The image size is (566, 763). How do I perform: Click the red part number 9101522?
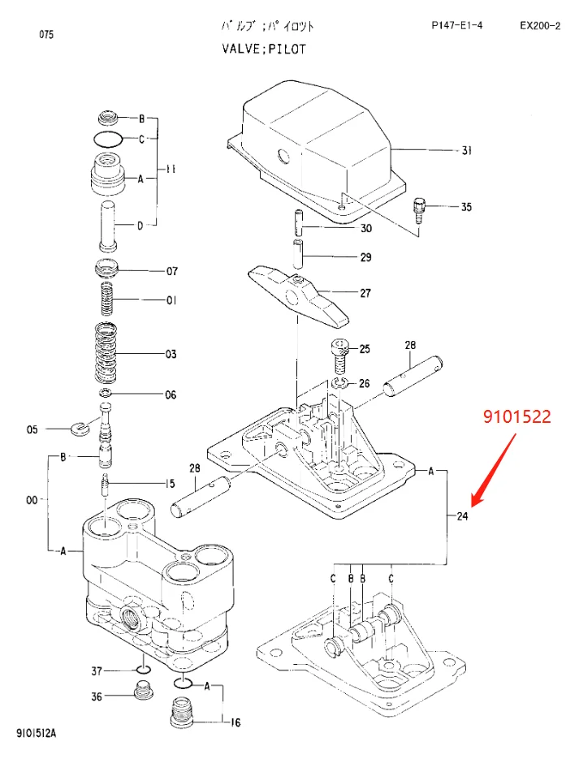(517, 417)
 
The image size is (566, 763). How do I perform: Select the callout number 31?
(466, 151)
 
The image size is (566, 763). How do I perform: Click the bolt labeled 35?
(420, 209)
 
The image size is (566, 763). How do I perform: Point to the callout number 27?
(365, 293)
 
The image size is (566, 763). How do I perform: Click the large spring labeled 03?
(106, 353)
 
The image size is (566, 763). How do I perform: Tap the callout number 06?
(171, 395)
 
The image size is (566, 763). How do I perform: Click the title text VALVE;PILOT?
(265, 49)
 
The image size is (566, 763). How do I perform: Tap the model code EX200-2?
(538, 26)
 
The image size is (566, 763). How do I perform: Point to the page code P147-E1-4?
(456, 26)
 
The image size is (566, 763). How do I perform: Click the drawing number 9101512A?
(37, 733)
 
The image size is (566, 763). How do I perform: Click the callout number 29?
(365, 257)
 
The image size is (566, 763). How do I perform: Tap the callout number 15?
(171, 484)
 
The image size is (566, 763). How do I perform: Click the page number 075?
(46, 35)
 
